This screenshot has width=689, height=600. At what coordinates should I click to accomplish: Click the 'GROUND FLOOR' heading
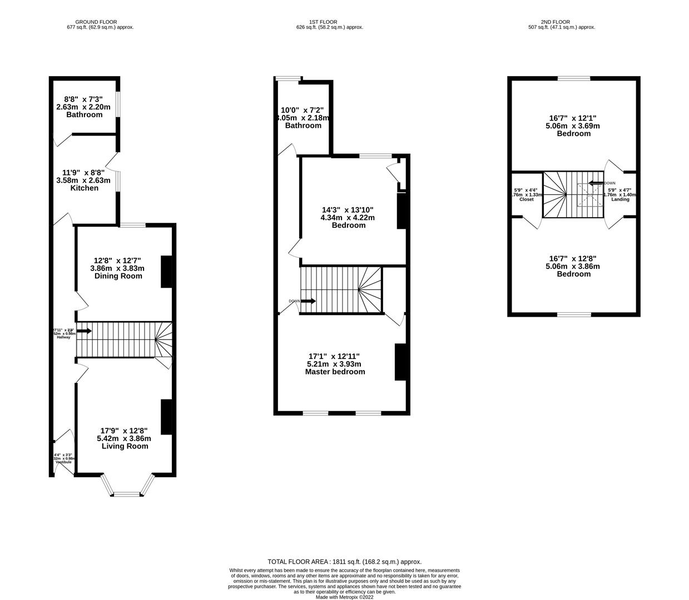(x=96, y=22)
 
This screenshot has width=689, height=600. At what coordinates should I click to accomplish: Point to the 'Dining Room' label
(x=117, y=276)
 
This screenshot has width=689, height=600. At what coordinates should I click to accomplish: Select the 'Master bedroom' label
(x=335, y=372)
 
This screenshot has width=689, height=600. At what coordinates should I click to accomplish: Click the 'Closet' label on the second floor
(x=526, y=199)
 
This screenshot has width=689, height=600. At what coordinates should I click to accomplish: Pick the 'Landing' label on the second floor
(x=620, y=199)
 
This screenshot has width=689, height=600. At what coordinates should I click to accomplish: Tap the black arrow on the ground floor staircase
(x=84, y=331)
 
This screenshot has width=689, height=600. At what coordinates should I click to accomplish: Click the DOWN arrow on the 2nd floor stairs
(x=596, y=183)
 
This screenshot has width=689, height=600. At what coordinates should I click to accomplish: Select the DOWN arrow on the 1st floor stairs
(x=308, y=301)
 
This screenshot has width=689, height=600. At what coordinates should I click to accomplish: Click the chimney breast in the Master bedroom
(x=400, y=362)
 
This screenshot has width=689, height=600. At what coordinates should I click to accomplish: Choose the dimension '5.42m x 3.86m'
(x=124, y=438)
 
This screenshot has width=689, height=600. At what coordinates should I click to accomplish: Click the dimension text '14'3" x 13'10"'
(x=348, y=210)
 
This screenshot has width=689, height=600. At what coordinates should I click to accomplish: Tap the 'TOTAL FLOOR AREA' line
(x=344, y=562)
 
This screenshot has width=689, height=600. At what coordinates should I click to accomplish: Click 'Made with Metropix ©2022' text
(x=344, y=597)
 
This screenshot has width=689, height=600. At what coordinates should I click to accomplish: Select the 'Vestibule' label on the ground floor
(x=63, y=462)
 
